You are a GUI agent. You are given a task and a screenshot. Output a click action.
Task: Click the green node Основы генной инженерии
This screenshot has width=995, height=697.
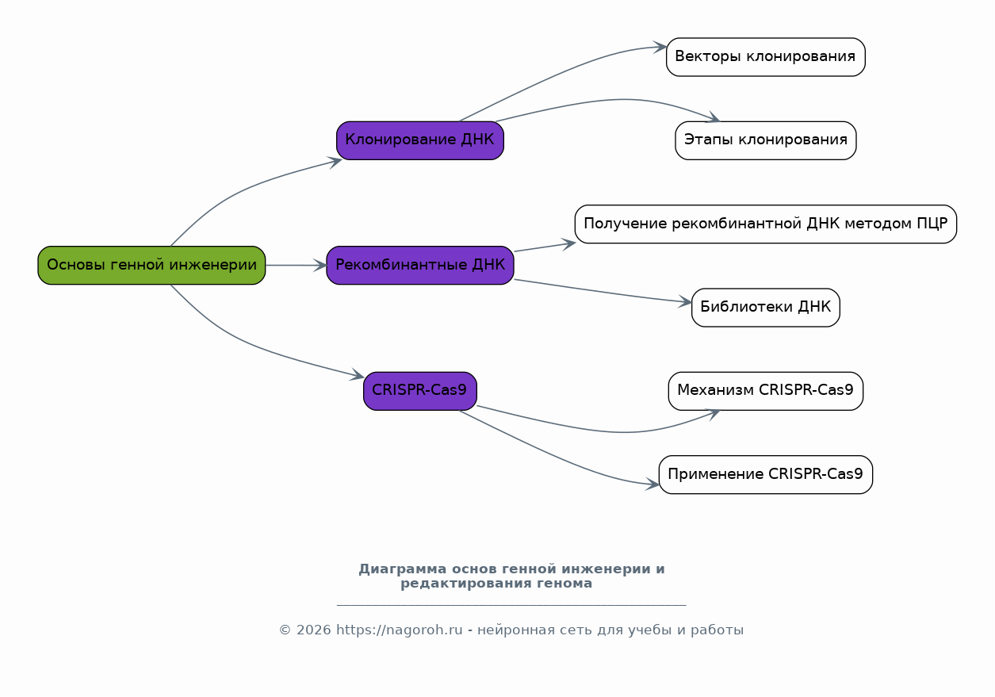tap(151, 265)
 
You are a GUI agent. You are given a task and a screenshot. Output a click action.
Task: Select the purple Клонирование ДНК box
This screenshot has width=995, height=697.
tap(420, 140)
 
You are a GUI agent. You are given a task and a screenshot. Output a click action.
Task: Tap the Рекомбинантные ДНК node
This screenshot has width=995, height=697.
tap(420, 265)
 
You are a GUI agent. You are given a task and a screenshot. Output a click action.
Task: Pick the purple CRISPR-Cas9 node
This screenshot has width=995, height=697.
tap(420, 391)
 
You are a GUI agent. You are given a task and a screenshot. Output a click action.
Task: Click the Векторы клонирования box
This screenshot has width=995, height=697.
tap(766, 57)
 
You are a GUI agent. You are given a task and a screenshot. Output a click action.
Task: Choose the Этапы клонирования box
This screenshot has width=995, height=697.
tap(766, 140)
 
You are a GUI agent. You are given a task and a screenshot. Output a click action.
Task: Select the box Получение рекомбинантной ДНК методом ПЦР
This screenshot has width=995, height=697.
tap(766, 224)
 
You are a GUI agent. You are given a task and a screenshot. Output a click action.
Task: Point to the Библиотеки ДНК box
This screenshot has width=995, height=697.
tap(766, 308)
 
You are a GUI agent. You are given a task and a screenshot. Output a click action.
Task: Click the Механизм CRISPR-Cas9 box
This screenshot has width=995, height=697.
tap(766, 391)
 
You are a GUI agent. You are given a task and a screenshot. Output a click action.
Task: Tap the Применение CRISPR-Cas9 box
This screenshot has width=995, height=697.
tap(766, 474)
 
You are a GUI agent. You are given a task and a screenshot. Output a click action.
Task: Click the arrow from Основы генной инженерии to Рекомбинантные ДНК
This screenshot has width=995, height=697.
tap(297, 265)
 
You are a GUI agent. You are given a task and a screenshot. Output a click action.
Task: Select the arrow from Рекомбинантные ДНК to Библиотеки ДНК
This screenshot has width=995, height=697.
tap(603, 292)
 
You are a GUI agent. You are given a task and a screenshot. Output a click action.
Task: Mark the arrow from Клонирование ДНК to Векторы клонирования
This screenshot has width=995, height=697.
tap(560, 75)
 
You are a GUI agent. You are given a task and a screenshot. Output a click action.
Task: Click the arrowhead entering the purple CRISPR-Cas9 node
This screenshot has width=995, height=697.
tap(358, 375)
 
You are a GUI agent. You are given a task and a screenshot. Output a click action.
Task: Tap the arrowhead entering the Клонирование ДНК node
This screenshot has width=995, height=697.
tap(335, 162)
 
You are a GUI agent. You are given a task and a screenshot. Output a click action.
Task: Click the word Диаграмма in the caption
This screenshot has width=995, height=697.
tap(403, 569)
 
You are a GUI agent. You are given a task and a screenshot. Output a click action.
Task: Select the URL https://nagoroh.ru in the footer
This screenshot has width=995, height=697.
tap(399, 630)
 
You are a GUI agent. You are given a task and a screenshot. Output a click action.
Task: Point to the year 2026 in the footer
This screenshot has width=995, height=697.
tap(314, 630)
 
